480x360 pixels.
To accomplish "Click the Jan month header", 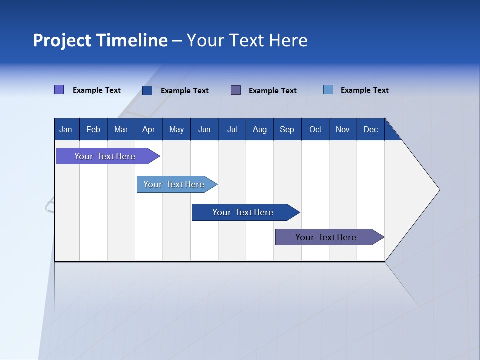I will click(x=66, y=129).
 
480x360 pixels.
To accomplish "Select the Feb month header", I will click(x=93, y=129).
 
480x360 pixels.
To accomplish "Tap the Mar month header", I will click(x=121, y=129).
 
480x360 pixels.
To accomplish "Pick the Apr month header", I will click(x=148, y=129).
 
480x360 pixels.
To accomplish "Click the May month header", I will click(x=176, y=129).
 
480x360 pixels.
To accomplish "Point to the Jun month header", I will click(x=204, y=129).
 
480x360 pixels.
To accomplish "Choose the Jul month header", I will click(x=232, y=129).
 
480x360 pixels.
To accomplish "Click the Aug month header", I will click(x=259, y=129).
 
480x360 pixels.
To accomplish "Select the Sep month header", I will click(x=287, y=129).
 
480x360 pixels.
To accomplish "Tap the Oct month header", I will click(x=315, y=129).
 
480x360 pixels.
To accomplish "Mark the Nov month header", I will click(x=343, y=129).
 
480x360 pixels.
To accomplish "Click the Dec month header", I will click(x=370, y=129).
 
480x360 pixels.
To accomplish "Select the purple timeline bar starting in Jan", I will click(x=105, y=156).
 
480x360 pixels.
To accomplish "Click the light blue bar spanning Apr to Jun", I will click(x=174, y=184).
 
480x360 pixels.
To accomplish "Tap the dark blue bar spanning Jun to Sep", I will click(x=243, y=212).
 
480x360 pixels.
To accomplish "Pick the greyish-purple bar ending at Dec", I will click(x=326, y=237).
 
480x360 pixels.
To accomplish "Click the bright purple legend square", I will click(x=59, y=90).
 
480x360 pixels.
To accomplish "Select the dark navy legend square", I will click(x=147, y=90).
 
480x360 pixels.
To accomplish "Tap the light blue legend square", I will click(x=328, y=90).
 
